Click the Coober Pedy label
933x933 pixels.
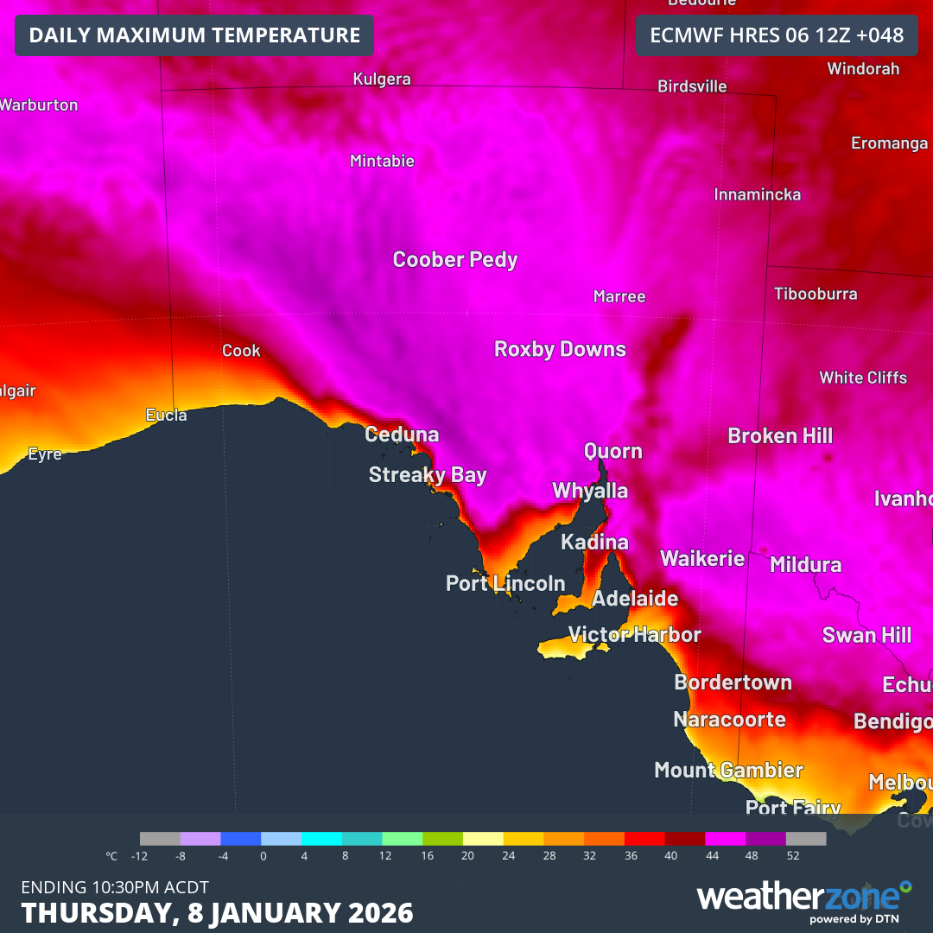point(455,259)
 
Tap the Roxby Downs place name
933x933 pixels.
point(560,349)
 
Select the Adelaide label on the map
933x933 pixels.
point(635,599)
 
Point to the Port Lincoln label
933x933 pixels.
point(505,584)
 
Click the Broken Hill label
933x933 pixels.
point(780,436)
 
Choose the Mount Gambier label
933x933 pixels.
point(728,770)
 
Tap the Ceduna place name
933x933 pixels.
point(402,435)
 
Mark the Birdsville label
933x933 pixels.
point(692,86)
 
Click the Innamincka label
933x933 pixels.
point(757,194)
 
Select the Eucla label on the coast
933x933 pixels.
point(166,416)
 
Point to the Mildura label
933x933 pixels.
point(805,565)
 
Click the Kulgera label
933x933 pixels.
point(382,79)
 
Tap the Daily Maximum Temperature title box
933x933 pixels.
point(194,35)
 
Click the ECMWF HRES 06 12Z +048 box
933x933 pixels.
point(776,35)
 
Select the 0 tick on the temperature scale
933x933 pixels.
point(263,856)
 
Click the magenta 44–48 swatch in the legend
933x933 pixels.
point(725,838)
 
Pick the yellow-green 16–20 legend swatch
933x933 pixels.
point(442,838)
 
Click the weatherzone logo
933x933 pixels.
point(803,898)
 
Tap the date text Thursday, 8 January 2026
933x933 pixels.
point(217,912)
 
